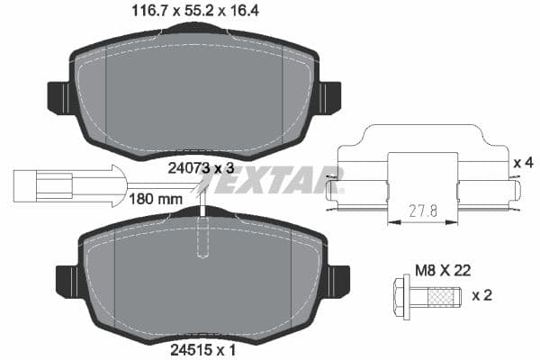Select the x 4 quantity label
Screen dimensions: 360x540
pyautogui.click(x=522, y=163)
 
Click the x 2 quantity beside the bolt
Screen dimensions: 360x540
pyautogui.click(x=483, y=293)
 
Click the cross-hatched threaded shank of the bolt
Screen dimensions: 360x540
pyautogui.click(x=441, y=293)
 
